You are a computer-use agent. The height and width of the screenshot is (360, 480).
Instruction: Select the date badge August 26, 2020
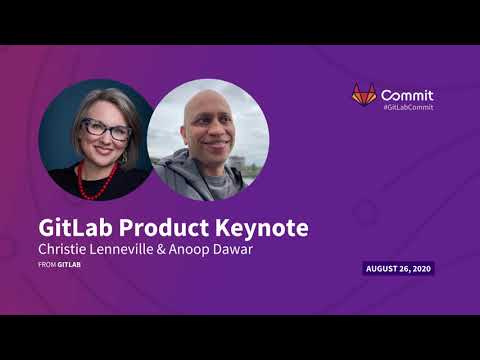pos(398,268)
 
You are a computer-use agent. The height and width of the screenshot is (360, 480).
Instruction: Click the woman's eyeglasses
pos(105,130)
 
